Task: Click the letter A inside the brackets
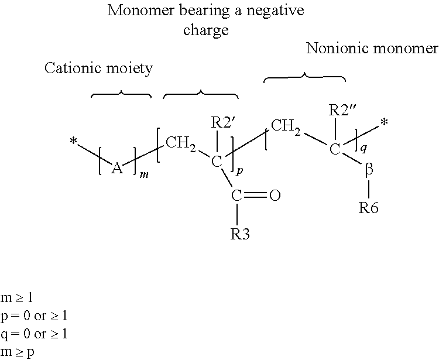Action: coord(117,169)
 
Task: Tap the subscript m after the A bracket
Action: coord(144,175)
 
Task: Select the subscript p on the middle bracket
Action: coord(239,170)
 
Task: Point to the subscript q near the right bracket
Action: coord(363,148)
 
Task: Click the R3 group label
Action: coord(240,234)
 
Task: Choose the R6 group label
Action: coord(368,208)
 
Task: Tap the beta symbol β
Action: coord(369,170)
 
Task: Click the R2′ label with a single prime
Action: coord(221,122)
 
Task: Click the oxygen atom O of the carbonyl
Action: coord(275,196)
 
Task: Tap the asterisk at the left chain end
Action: coord(73,141)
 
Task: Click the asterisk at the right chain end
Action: coord(385,122)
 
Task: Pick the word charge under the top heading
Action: coord(206,30)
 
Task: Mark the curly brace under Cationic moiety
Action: coord(121,94)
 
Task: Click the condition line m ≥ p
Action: coord(18,352)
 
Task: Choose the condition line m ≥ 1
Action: coord(17,297)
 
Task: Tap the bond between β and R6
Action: coord(369,189)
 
